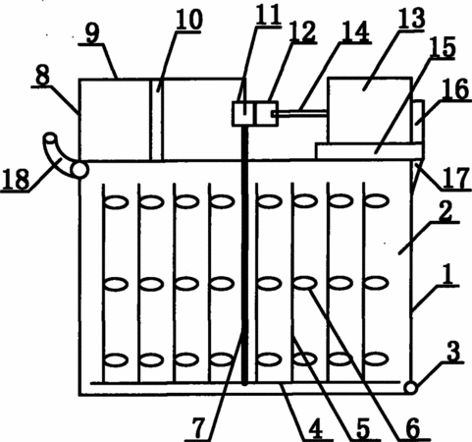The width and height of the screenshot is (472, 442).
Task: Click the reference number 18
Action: click(16, 180)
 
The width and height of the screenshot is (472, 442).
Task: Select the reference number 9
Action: click(92, 32)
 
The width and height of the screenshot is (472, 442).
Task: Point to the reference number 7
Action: click(198, 429)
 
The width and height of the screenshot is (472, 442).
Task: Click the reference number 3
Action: click(453, 352)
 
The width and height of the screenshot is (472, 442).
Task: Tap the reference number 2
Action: click(446, 211)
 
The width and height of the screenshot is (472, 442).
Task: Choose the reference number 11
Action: click(268, 15)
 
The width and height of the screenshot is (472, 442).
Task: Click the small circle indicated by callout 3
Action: click(410, 388)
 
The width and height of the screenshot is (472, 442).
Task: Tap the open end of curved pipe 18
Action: click(50, 138)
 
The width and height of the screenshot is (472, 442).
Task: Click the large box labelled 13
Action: click(369, 110)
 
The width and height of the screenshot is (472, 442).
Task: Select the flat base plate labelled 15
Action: click(370, 151)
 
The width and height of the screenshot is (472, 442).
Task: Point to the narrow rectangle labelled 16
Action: click(418, 122)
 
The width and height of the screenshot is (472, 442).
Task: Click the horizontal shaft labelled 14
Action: click(301, 113)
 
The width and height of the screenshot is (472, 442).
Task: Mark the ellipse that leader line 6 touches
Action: click(305, 282)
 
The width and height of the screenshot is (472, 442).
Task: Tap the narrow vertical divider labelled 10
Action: click(156, 120)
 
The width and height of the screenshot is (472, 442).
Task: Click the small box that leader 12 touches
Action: click(267, 113)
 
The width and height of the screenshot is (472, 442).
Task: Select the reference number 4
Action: click(315, 429)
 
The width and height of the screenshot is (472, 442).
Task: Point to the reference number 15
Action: click(443, 46)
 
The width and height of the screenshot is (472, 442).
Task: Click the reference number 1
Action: click(448, 273)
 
